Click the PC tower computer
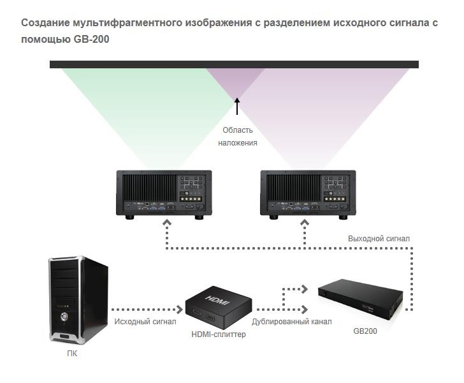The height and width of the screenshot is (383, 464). [78, 300]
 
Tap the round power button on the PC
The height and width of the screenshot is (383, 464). [64, 317]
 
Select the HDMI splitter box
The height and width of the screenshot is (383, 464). [219, 307]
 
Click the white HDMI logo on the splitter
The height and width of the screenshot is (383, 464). [217, 299]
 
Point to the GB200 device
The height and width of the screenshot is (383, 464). [361, 299]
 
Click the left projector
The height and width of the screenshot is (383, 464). [164, 195]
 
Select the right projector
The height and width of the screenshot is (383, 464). [308, 195]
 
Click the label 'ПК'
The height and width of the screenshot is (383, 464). [72, 354]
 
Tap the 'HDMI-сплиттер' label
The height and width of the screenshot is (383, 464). [219, 334]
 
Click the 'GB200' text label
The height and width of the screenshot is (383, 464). [365, 331]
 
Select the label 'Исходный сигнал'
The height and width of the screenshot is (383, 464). [145, 322]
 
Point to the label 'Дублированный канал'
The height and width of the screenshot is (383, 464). [292, 322]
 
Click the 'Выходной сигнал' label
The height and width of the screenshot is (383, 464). [379, 239]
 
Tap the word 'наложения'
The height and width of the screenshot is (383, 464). [238, 143]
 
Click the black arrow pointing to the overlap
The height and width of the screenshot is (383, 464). [236, 106]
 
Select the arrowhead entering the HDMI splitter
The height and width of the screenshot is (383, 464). [179, 310]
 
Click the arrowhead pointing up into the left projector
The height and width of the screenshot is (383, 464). [167, 222]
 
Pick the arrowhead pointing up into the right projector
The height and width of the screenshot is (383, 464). [305, 222]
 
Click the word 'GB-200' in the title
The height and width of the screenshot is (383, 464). [91, 39]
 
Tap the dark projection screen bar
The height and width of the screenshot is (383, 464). [234, 64]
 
